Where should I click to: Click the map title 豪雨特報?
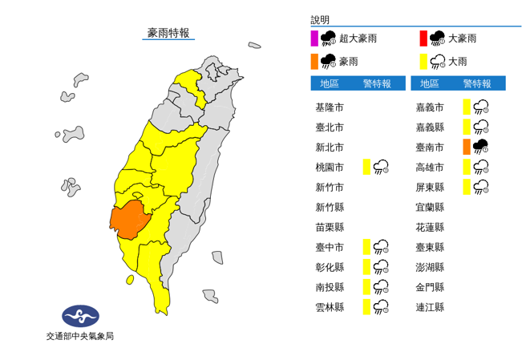pyautogui.click(x=168, y=33)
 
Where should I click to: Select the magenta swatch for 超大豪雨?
pyautogui.click(x=314, y=38)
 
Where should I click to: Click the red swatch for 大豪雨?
pyautogui.click(x=423, y=38)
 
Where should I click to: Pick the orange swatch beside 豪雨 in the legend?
pyautogui.click(x=314, y=61)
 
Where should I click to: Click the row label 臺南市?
pyautogui.click(x=429, y=147)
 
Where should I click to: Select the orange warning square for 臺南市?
pyautogui.click(x=466, y=147)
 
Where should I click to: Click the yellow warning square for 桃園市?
pyautogui.click(x=366, y=167)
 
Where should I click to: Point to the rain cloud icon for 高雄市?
pyautogui.click(x=481, y=167)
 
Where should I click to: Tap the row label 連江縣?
pyautogui.click(x=429, y=306)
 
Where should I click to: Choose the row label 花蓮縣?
pyautogui.click(x=429, y=227)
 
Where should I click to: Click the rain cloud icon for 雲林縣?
pyautogui.click(x=381, y=306)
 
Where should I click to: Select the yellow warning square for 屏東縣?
pyautogui.click(x=466, y=187)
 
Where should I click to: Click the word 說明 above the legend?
pyautogui.click(x=320, y=19)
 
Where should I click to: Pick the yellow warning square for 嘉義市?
pyautogui.click(x=466, y=107)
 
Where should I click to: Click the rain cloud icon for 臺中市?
pyautogui.click(x=381, y=247)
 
